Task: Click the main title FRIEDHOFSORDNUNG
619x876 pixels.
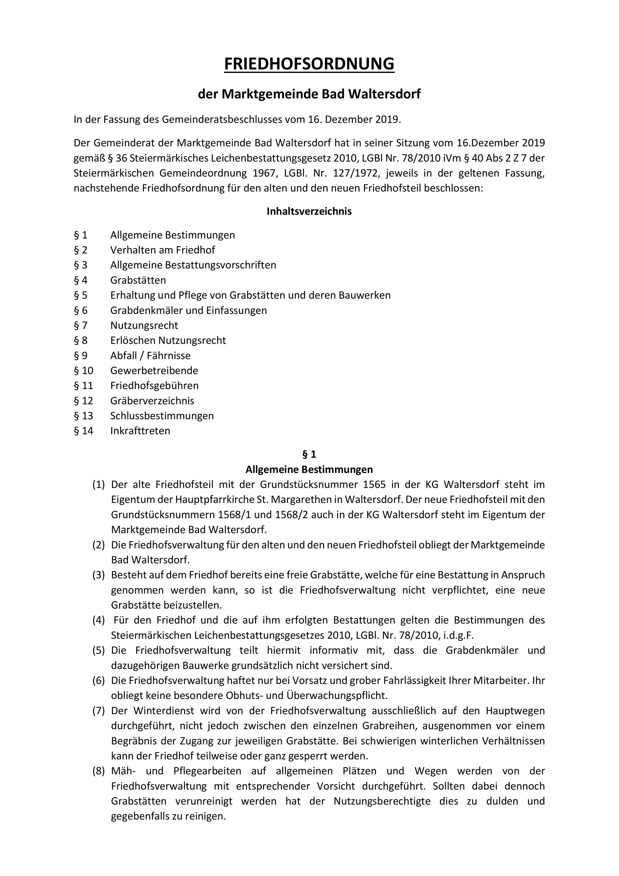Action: [x=309, y=64]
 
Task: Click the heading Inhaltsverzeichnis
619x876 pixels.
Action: [x=309, y=211]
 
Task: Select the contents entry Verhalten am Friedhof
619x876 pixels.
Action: [x=163, y=250]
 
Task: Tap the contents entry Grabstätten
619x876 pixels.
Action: [x=138, y=280]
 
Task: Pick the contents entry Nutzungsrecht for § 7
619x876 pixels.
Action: [x=144, y=325]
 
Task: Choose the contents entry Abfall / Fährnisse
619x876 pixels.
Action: [x=150, y=356]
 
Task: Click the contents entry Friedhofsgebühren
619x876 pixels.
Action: [x=154, y=386]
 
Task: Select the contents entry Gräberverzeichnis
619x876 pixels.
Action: [x=152, y=401]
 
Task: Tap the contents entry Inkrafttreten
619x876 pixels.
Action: [x=140, y=431]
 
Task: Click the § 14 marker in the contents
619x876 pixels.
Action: [x=84, y=431]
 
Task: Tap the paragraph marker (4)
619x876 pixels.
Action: [x=98, y=620]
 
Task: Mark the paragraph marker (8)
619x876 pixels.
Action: [x=98, y=771]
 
